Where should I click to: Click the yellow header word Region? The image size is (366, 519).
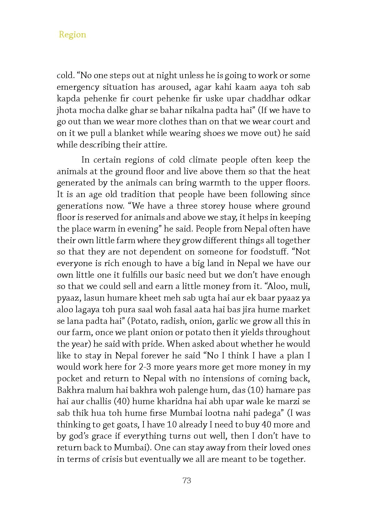point(72,35)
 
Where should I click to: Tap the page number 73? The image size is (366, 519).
point(187,480)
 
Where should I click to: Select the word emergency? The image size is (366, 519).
point(77,87)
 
